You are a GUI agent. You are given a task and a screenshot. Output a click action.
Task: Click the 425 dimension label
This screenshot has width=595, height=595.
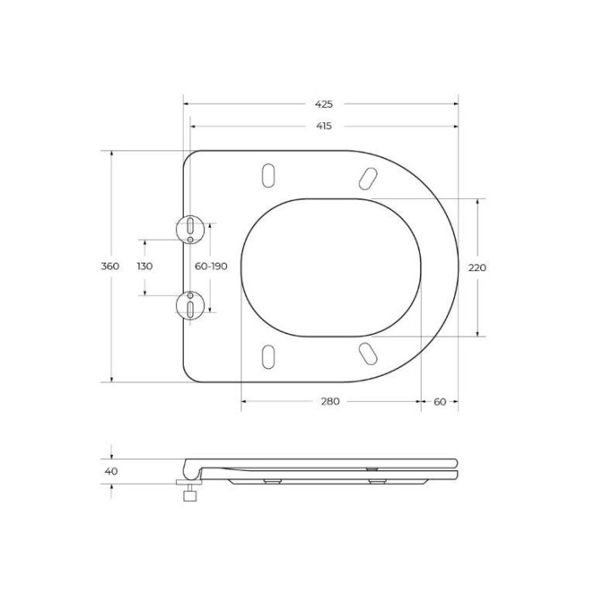(324, 105)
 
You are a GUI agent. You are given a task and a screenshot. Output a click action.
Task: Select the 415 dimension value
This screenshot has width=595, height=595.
(324, 126)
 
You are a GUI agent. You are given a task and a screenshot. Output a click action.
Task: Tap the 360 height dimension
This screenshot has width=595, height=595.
(110, 267)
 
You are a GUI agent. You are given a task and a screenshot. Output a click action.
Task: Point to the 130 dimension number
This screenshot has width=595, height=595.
(144, 267)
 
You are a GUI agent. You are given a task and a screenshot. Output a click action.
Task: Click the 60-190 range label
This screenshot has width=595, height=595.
(211, 267)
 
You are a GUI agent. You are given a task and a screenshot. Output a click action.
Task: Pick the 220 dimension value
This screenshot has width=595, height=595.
(478, 268)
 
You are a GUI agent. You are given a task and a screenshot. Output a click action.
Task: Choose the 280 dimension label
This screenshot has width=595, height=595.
(331, 401)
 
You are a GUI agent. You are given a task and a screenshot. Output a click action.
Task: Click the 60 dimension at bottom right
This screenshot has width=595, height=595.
(439, 401)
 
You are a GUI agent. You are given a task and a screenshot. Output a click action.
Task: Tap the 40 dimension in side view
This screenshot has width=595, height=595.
(111, 471)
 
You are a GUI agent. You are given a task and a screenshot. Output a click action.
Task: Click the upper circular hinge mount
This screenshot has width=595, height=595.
(190, 229)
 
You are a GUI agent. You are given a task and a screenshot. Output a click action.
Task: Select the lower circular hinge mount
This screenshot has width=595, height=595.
(190, 305)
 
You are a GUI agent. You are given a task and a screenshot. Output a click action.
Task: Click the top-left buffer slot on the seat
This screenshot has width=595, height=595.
(268, 175)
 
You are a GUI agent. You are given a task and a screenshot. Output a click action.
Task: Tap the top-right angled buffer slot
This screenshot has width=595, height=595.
(368, 177)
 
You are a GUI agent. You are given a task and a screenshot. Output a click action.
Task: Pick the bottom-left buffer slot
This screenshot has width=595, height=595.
(268, 356)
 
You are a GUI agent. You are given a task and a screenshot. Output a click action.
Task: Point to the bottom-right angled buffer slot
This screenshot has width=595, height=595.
(368, 354)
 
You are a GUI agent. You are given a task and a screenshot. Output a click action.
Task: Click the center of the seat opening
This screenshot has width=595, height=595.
(331, 267)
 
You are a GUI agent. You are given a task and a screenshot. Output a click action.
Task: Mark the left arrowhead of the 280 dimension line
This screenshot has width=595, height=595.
(244, 401)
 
